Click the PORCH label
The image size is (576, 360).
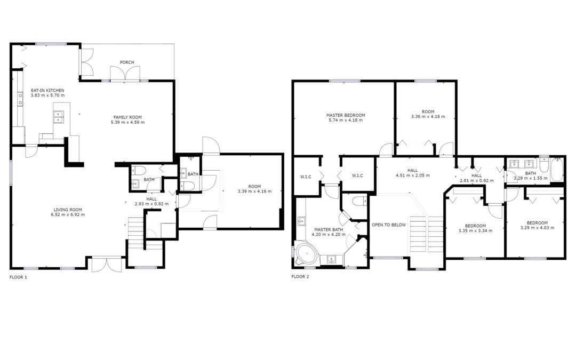[127, 62]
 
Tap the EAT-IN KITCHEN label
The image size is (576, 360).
[47, 90]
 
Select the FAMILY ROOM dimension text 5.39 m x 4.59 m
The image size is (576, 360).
[127, 122]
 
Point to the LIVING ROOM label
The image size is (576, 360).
[68, 210]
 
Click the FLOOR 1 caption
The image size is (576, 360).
[18, 277]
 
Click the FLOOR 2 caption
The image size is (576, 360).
[300, 277]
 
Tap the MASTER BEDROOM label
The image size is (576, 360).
[346, 115]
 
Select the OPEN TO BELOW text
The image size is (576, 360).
[389, 225]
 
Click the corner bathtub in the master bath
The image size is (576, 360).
[306, 253]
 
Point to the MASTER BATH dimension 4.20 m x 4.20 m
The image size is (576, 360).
[329, 234]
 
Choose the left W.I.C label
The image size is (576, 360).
[306, 177]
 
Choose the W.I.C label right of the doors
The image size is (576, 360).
[357, 175]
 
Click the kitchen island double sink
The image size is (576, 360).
[59, 116]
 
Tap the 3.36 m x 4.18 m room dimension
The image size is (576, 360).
[428, 117]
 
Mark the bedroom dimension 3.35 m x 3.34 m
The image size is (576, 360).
[475, 231]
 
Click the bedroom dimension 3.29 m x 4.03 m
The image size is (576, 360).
[537, 228]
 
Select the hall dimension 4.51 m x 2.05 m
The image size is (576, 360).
[412, 175]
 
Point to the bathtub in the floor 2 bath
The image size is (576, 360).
[557, 170]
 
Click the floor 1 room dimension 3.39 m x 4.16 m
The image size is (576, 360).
[254, 191]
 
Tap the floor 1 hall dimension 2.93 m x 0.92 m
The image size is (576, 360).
[151, 204]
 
